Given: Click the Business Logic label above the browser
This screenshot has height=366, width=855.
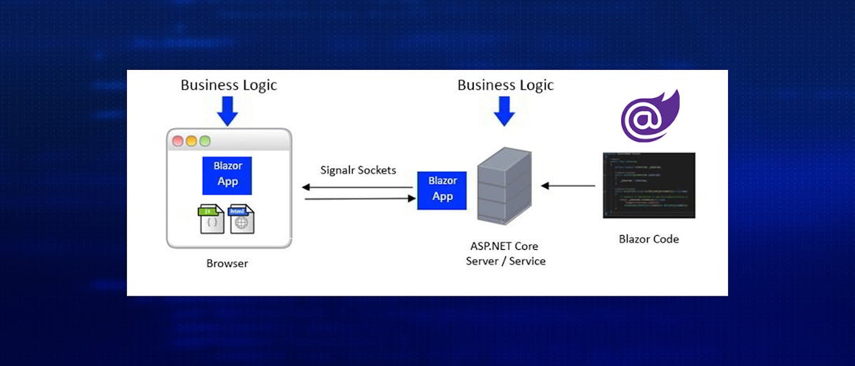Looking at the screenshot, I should (x=229, y=85).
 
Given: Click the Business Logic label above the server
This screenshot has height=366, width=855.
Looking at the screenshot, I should (x=505, y=85).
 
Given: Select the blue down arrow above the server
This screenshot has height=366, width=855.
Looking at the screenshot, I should (x=504, y=112).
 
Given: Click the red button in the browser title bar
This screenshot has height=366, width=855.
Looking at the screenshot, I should (x=178, y=141).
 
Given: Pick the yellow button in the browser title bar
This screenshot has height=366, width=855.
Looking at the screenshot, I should (x=191, y=141).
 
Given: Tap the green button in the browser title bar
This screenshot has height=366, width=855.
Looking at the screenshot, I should (x=204, y=141).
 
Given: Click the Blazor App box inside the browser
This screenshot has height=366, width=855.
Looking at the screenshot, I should (x=228, y=174).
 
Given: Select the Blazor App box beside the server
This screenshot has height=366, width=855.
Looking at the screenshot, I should (x=442, y=189).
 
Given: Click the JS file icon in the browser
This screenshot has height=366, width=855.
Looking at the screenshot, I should (x=212, y=219).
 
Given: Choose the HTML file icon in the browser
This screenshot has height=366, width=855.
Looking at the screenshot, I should (x=241, y=219).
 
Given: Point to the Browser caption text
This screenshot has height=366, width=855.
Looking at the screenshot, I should (x=227, y=263).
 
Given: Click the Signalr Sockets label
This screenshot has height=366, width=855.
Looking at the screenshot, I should (x=358, y=171).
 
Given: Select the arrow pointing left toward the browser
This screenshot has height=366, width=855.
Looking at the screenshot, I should (x=356, y=187).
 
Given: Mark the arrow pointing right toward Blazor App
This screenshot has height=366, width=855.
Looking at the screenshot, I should (x=360, y=199).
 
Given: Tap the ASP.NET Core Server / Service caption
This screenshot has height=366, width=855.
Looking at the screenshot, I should (x=505, y=253).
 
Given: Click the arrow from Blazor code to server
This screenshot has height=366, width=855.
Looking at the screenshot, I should (x=568, y=186).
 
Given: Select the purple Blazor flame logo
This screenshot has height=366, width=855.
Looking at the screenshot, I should (x=650, y=116).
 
